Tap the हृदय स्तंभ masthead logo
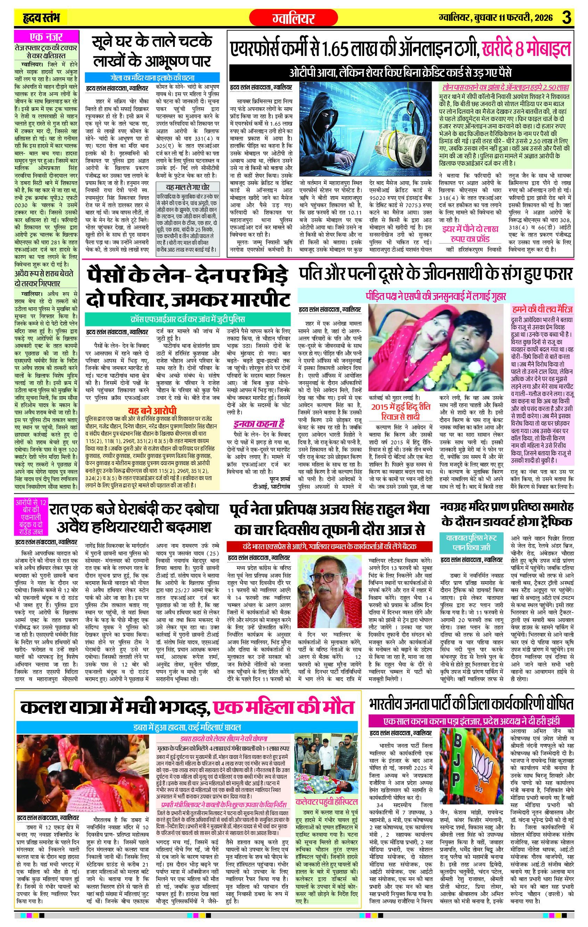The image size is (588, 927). [40, 18]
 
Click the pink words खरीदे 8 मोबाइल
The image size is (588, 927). [526, 50]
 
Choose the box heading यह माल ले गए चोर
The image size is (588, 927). [187, 187]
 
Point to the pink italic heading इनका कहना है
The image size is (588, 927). [258, 424]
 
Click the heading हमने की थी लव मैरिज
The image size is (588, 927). [542, 309]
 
